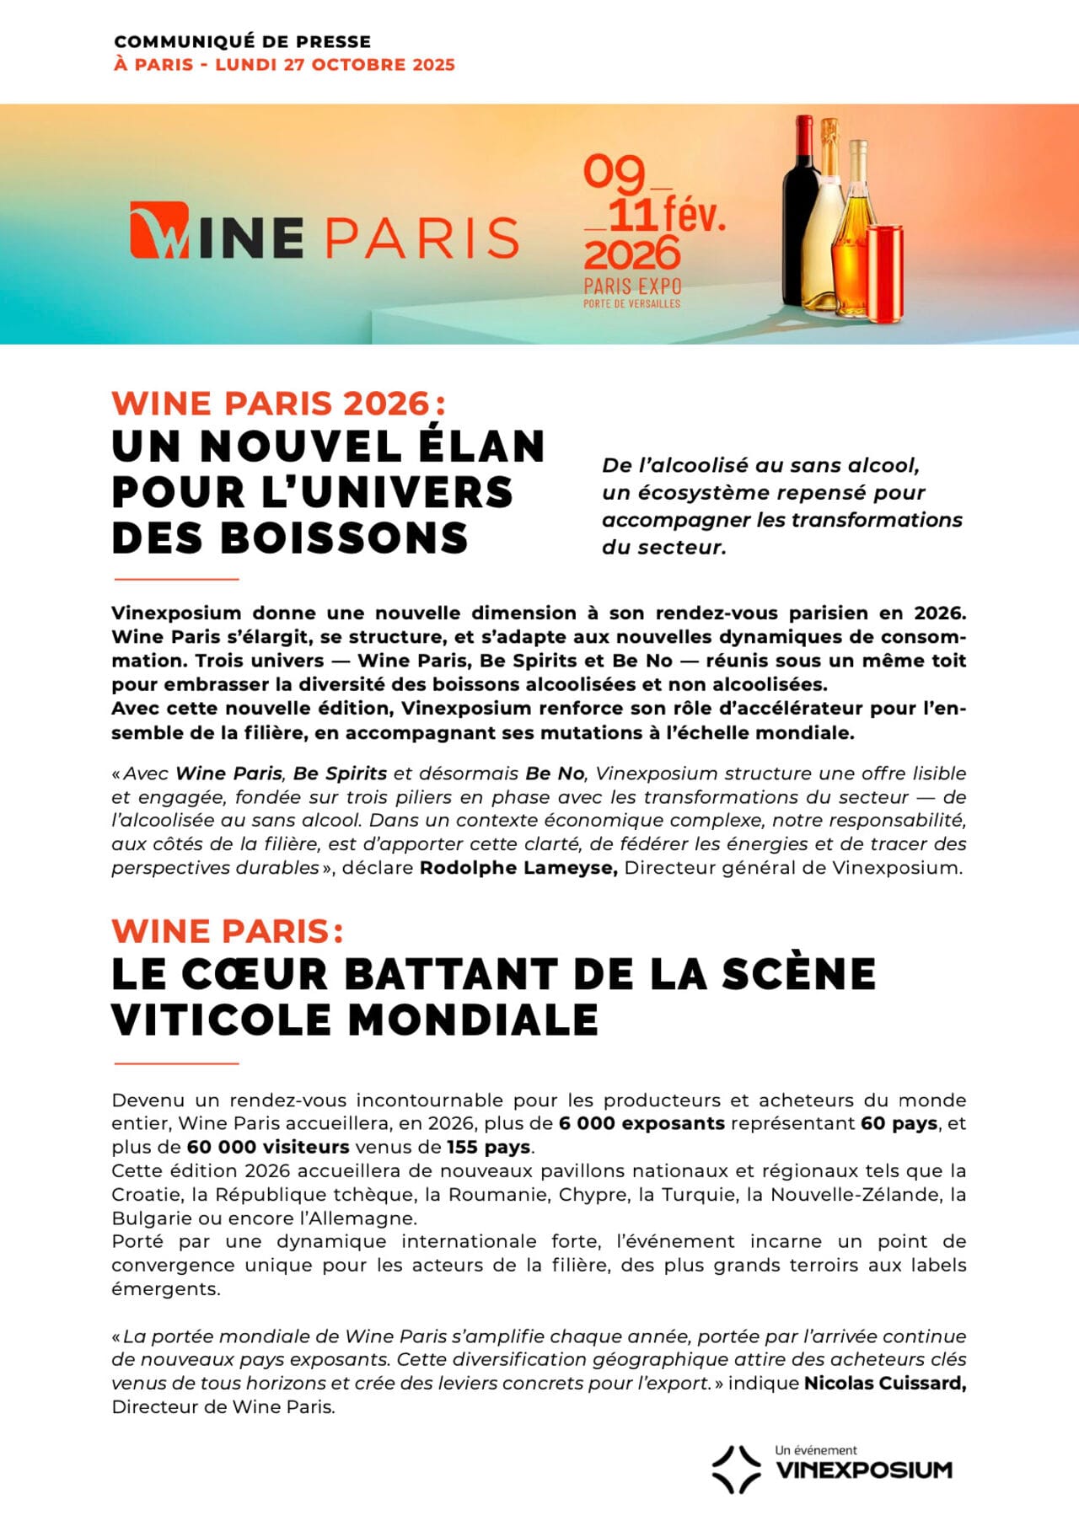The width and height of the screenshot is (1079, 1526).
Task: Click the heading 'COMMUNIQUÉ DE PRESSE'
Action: click(242, 41)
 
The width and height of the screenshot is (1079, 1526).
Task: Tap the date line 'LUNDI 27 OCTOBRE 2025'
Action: click(335, 65)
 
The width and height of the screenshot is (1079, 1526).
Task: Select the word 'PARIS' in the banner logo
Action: click(421, 238)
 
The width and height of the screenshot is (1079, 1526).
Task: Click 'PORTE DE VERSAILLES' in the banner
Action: click(631, 303)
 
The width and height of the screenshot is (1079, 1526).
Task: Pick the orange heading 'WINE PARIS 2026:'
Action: click(278, 403)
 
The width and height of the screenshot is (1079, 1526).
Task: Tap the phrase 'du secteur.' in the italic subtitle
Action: click(663, 547)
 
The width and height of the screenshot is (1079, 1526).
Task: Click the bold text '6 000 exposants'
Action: click(641, 1123)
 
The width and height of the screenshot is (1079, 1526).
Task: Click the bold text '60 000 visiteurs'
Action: click(268, 1147)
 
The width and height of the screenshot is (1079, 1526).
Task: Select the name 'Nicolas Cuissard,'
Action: click(885, 1383)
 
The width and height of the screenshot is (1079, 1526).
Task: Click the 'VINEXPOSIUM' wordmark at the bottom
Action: click(863, 1470)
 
